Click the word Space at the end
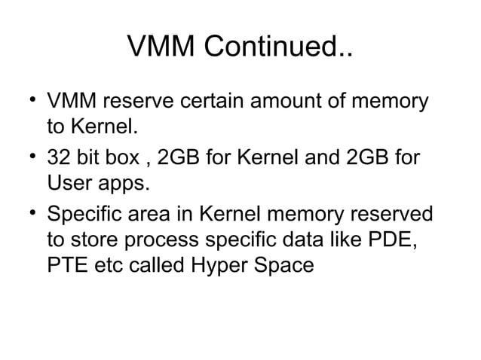283,265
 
